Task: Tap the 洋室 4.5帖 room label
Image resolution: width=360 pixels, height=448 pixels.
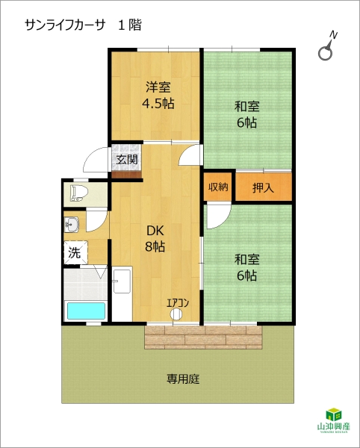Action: coord(158,96)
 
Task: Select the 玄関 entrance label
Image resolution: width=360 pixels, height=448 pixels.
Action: coord(127,160)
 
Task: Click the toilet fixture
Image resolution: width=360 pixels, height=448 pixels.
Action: coord(78,193)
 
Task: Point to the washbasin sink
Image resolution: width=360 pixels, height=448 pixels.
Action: coord(72,224)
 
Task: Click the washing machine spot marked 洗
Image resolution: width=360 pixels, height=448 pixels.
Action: coord(75,252)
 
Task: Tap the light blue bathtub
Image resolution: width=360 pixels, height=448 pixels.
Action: coord(86,311)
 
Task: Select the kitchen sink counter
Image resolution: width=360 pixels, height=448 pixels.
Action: coord(122,293)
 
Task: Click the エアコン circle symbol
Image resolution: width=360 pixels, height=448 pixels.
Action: coord(176,314)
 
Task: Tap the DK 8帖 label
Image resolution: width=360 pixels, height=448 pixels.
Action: coord(155,239)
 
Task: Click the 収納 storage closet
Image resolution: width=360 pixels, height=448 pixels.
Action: coord(218,187)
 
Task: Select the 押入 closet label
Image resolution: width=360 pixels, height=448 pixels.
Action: coord(263,187)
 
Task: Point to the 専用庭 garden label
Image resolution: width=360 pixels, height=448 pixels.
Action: coord(183,379)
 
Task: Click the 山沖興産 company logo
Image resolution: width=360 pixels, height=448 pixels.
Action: coord(333,420)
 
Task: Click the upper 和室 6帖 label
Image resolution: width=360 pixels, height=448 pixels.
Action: coord(246,114)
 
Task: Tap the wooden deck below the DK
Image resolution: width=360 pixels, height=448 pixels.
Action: coord(203,337)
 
